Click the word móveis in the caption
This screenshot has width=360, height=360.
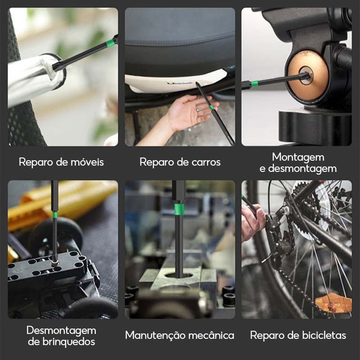tap(87, 162)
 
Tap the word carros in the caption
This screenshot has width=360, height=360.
tap(206, 162)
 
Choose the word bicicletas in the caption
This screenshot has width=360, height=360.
tap(324, 335)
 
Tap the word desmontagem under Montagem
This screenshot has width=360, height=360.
tap(302, 168)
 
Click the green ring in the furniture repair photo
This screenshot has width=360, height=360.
tap(110, 43)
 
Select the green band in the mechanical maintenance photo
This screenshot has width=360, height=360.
tap(179, 208)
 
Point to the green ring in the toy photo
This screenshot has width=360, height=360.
tap(55, 215)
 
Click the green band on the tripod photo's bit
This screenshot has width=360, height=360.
tap(254, 84)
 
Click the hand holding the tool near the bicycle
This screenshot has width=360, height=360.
tap(252, 221)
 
